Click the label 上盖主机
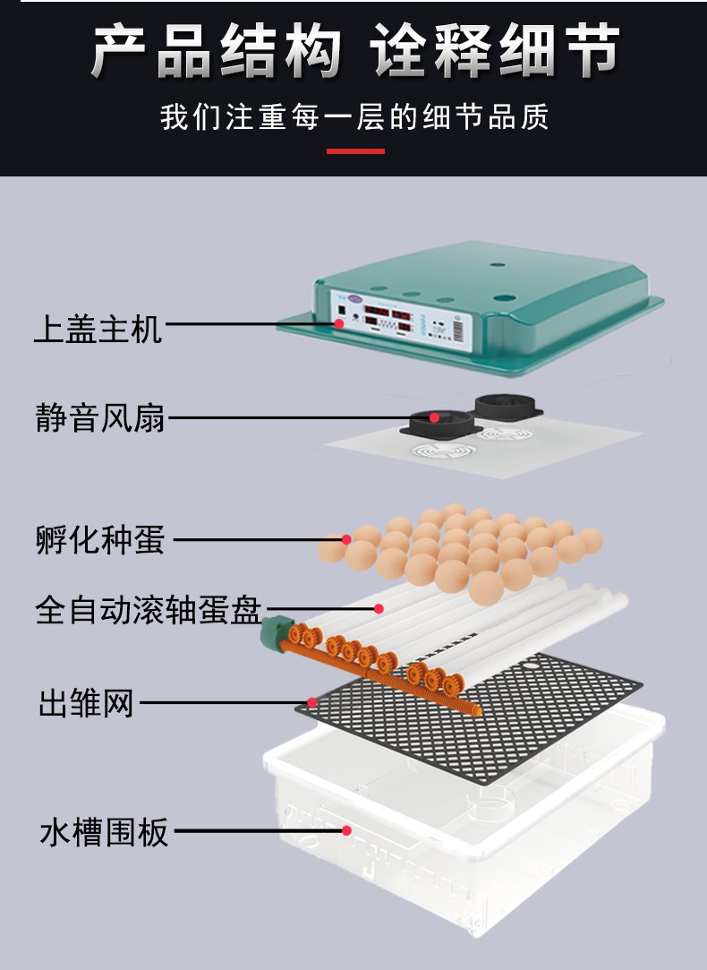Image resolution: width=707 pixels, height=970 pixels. point(98,329)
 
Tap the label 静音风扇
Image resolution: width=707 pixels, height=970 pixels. point(100,417)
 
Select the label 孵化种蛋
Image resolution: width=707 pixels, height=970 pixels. point(100,539)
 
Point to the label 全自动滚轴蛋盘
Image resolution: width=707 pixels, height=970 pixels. point(149,610)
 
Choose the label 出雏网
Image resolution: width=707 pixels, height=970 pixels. point(86,703)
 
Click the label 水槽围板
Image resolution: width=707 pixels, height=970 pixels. point(104,831)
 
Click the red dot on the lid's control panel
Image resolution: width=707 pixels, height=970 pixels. point(338,323)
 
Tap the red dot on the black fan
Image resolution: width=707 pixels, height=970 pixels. point(434,417)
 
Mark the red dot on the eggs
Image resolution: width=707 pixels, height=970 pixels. point(346,539)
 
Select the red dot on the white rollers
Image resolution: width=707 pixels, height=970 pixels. point(379,609)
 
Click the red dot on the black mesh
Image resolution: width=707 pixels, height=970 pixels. point(312,703)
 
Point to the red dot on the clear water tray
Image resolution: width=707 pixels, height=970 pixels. point(346,830)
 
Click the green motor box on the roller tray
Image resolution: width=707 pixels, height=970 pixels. point(276,632)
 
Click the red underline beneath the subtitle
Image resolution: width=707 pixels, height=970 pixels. point(355,151)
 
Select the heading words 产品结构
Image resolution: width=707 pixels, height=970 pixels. point(217,51)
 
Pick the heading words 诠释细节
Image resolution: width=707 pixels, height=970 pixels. point(494,51)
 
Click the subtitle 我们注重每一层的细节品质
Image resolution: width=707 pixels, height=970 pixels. point(354,117)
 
